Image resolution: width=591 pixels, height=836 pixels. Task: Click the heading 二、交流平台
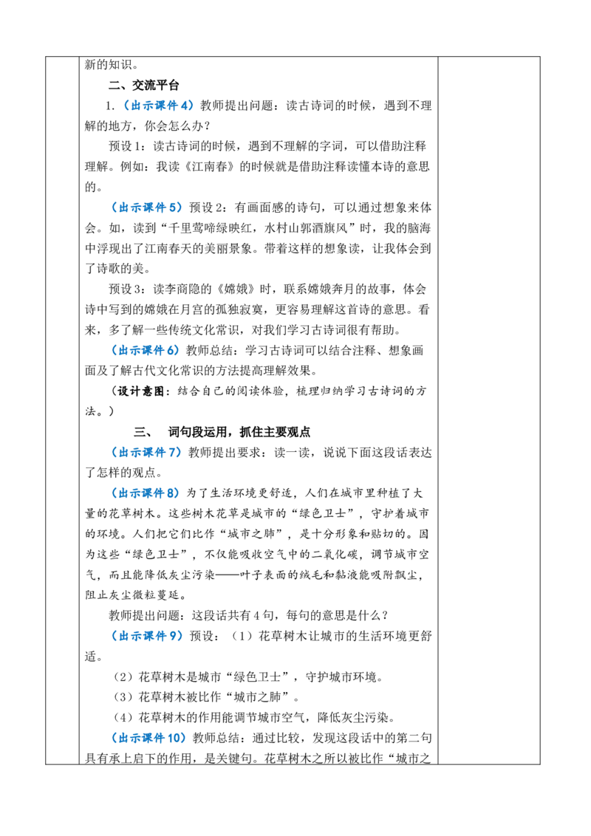(x=143, y=86)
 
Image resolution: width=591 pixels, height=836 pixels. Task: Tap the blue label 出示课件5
(x=147, y=208)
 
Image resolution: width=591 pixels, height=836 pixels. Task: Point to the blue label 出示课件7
(x=146, y=452)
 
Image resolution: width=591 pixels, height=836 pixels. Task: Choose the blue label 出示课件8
(x=146, y=493)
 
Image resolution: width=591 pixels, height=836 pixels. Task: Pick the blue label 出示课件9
(x=147, y=636)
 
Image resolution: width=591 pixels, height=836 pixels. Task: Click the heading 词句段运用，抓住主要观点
(x=239, y=432)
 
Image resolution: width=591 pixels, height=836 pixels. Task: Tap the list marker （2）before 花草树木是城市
(x=123, y=677)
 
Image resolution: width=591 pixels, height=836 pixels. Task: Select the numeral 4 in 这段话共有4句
(x=256, y=616)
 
